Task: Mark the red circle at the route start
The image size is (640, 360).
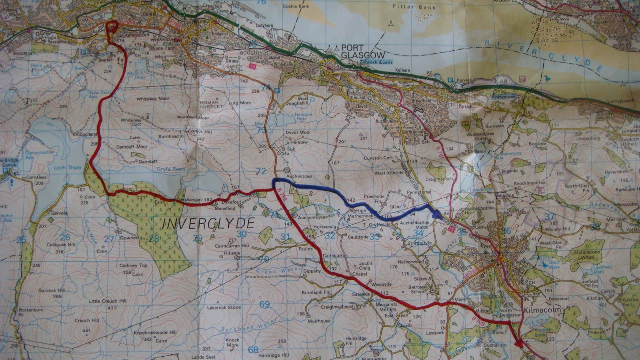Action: tap(112, 27)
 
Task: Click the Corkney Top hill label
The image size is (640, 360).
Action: tap(134, 265)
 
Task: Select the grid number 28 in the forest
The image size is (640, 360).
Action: tap(154, 238)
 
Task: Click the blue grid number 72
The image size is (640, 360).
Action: tap(261, 171)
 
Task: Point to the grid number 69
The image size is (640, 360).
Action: tap(264, 304)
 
